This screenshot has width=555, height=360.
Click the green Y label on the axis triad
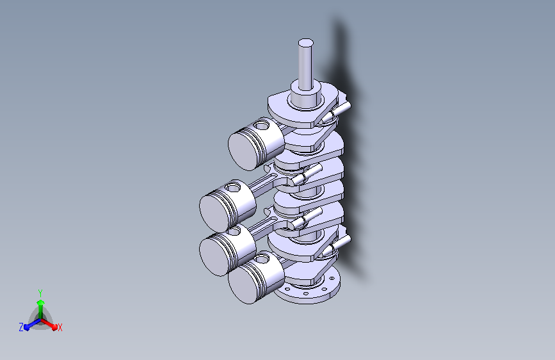tap(40, 293)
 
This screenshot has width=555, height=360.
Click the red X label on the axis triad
tap(60, 327)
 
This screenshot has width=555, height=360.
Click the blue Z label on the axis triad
tap(21, 327)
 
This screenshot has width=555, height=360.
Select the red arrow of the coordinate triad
tap(49, 324)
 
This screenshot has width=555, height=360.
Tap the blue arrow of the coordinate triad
tap(33, 324)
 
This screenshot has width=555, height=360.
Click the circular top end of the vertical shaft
tap(305, 43)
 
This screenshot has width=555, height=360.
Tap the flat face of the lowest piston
tap(243, 284)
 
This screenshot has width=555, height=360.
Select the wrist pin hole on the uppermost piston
tap(262, 125)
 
